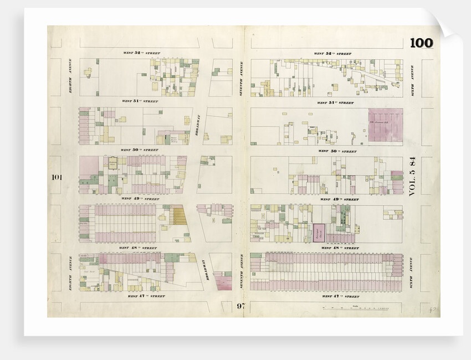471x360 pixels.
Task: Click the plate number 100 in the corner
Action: coord(421,43)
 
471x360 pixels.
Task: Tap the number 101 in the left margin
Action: coord(56,178)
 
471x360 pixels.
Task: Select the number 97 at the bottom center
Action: coord(240,306)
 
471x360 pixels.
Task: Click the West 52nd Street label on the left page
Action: coord(141,53)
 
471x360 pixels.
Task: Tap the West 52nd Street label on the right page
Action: coord(332,54)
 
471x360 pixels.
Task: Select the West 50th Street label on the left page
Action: coord(140,150)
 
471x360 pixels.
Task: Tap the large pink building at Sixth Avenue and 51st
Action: coord(386,124)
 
